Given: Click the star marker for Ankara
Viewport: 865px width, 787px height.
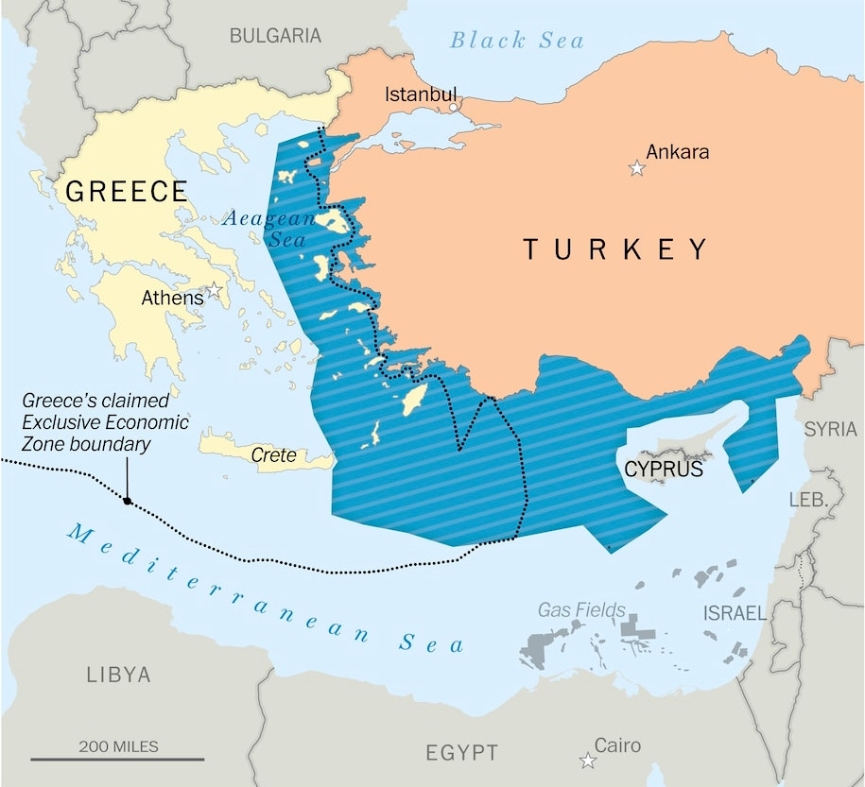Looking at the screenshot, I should tap(637, 168).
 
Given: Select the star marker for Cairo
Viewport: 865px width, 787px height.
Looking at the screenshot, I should tap(588, 761).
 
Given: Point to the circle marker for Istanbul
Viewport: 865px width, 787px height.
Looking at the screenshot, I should tap(453, 107).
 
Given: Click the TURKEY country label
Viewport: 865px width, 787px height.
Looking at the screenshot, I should tap(615, 249).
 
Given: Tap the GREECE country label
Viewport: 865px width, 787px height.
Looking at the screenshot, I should tap(126, 192).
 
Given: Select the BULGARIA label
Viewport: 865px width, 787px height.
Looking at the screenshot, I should tap(275, 36).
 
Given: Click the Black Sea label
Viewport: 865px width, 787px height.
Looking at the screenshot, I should tap(516, 40).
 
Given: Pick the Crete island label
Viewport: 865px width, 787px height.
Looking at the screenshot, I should tap(273, 455).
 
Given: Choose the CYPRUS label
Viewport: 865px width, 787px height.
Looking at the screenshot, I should tap(664, 469).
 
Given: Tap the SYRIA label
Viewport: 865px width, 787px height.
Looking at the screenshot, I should tap(830, 429).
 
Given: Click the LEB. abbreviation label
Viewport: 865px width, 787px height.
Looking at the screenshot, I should tap(807, 500).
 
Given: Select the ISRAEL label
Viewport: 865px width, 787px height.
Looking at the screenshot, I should tap(735, 613).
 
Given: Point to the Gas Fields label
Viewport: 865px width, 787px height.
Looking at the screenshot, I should tap(581, 609).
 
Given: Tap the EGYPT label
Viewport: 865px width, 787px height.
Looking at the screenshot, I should tap(461, 753).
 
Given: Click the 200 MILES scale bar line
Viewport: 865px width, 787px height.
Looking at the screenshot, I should tap(117, 759).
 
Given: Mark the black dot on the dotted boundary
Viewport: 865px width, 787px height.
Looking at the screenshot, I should tap(127, 501).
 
